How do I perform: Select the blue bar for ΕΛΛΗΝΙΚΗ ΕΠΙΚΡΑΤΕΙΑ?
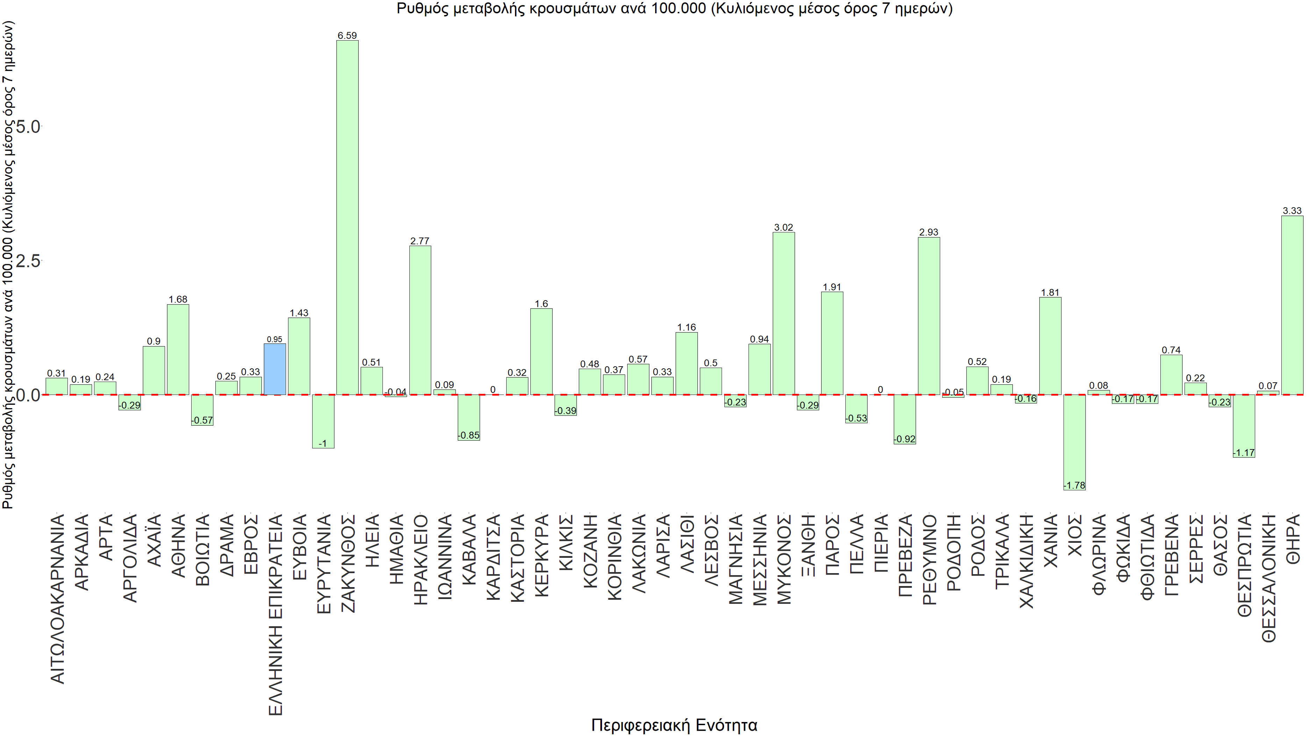(x=274, y=369)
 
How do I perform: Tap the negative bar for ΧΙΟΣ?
(x=1074, y=442)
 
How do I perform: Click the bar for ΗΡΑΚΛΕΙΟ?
(x=420, y=320)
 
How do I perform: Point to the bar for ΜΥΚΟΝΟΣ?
(x=784, y=313)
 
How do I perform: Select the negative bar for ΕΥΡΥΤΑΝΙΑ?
(x=323, y=421)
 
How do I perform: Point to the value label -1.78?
(x=1074, y=485)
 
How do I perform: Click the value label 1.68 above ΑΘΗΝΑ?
(x=178, y=299)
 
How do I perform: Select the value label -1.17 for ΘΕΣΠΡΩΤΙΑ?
(x=1244, y=453)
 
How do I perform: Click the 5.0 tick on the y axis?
(x=28, y=127)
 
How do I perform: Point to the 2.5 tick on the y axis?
(x=28, y=261)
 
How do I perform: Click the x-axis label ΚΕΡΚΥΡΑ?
(x=542, y=555)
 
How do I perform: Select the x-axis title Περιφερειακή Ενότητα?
(x=674, y=725)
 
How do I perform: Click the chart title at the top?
(x=674, y=9)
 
